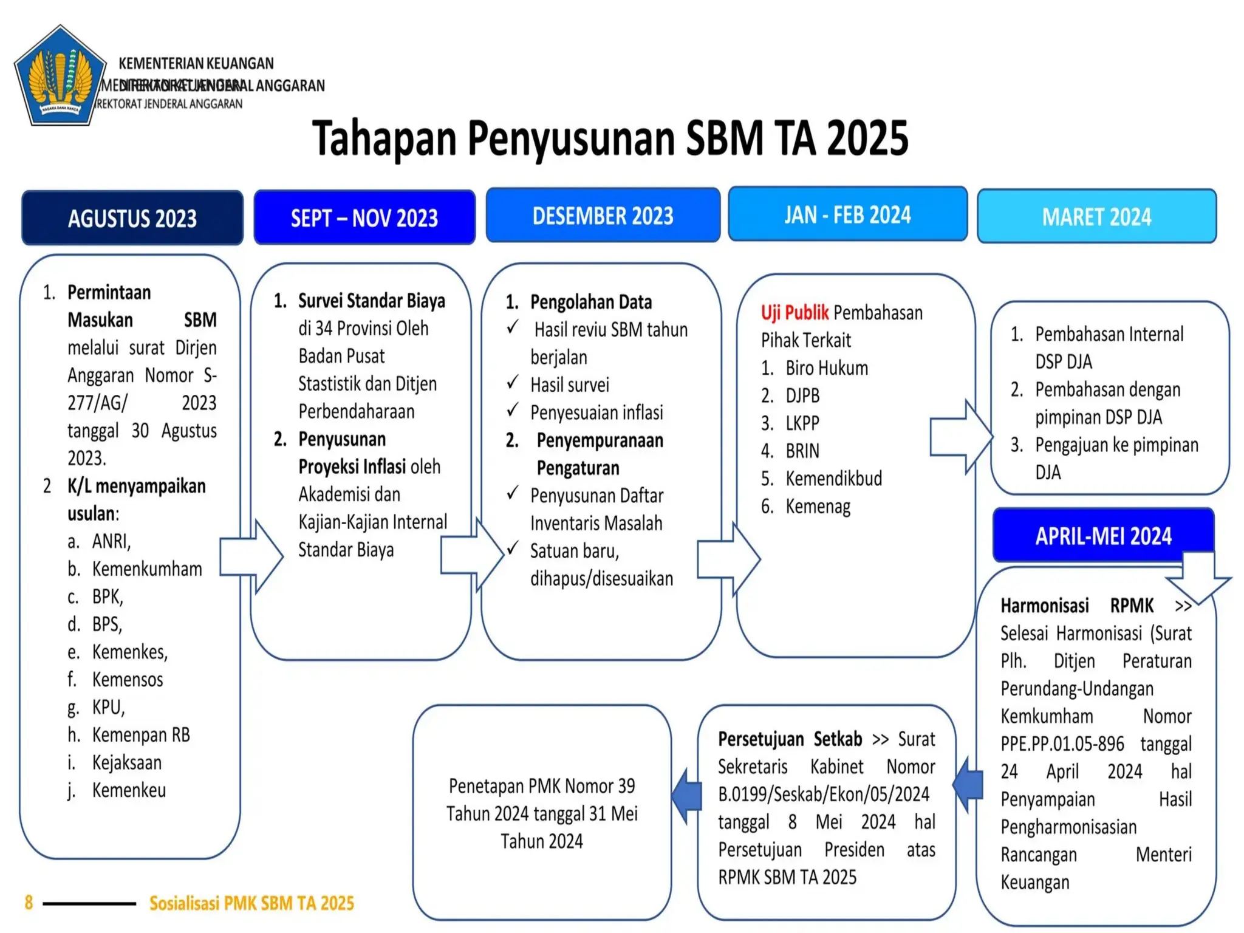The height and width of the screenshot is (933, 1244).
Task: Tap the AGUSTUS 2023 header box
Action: click(x=132, y=217)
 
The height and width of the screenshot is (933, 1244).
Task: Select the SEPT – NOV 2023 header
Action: click(x=364, y=217)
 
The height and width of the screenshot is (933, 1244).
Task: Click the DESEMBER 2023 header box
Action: click(x=603, y=215)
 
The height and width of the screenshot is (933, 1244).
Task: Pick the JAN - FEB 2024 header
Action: click(x=847, y=214)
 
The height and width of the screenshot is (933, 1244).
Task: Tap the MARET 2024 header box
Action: click(x=1096, y=216)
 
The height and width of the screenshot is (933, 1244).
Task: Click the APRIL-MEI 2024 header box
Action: click(x=1102, y=535)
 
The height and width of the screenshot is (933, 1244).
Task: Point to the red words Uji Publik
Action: click(x=795, y=312)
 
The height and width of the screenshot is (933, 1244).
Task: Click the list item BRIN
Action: click(x=802, y=451)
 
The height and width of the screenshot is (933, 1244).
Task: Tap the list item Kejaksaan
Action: click(x=127, y=762)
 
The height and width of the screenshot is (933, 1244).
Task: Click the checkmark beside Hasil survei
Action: click(x=513, y=383)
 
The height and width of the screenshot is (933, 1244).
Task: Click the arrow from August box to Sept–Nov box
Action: click(x=250, y=556)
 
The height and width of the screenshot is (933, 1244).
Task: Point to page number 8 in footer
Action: click(x=29, y=903)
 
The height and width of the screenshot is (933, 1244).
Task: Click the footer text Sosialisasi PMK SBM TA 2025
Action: click(x=251, y=903)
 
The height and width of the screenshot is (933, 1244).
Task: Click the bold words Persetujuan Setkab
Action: click(x=790, y=739)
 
